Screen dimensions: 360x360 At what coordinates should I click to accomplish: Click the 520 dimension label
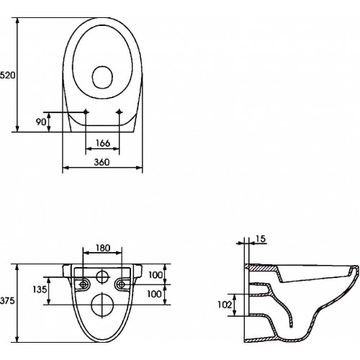pos(7,76)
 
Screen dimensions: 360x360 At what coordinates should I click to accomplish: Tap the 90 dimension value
pos(41,122)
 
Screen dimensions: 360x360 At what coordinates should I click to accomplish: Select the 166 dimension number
pos(103,143)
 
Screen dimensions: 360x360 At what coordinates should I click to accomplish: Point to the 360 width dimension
pos(102,162)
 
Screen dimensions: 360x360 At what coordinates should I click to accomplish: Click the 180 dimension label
pos(103,248)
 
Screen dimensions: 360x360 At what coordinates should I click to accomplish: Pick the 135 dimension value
pos(40,289)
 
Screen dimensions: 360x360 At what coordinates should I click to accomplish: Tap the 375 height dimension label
pos(7,301)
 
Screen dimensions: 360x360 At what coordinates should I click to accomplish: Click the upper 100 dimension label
pos(156,275)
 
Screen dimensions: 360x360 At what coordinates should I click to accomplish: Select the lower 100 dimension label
pos(154,294)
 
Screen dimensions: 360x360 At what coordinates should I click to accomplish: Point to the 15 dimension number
pos(260,239)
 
